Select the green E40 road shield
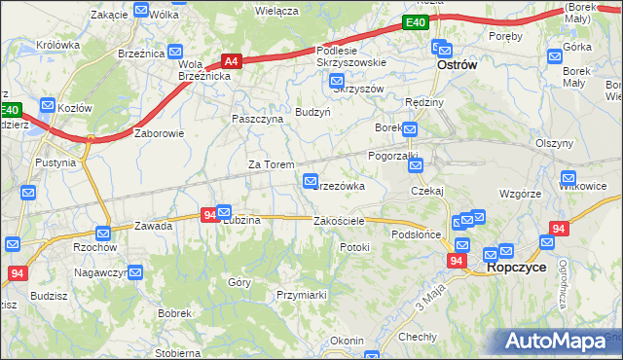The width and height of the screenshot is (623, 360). pyautogui.click(x=415, y=22)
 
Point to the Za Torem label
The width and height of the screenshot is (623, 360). pyautogui.click(x=271, y=164)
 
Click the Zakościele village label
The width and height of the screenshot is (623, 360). pyautogui.click(x=339, y=221)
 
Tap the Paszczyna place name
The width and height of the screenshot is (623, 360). pyautogui.click(x=257, y=118)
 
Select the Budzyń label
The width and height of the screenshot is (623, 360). pyautogui.click(x=313, y=112)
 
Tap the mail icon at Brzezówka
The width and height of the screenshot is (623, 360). pyautogui.click(x=311, y=179)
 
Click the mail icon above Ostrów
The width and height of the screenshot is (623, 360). pyautogui.click(x=441, y=46)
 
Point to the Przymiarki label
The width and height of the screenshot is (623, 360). pyautogui.click(x=301, y=293)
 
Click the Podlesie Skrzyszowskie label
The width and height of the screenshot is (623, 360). pyautogui.click(x=351, y=56)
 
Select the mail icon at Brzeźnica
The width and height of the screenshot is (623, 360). pyautogui.click(x=176, y=53)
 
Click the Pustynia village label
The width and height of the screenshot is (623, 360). pyautogui.click(x=55, y=162)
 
